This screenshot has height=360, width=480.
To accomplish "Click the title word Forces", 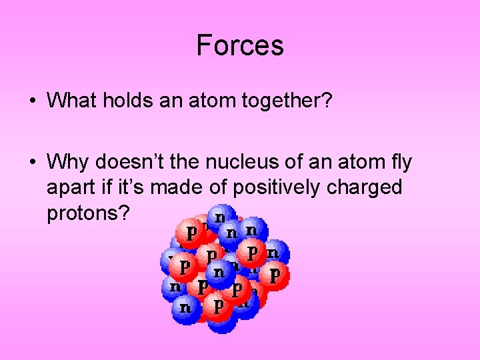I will (240, 45).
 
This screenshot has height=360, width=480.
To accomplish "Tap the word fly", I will (399, 162).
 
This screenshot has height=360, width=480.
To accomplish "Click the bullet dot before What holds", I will (32, 101).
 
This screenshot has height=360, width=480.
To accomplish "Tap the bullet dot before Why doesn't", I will (32, 163).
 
